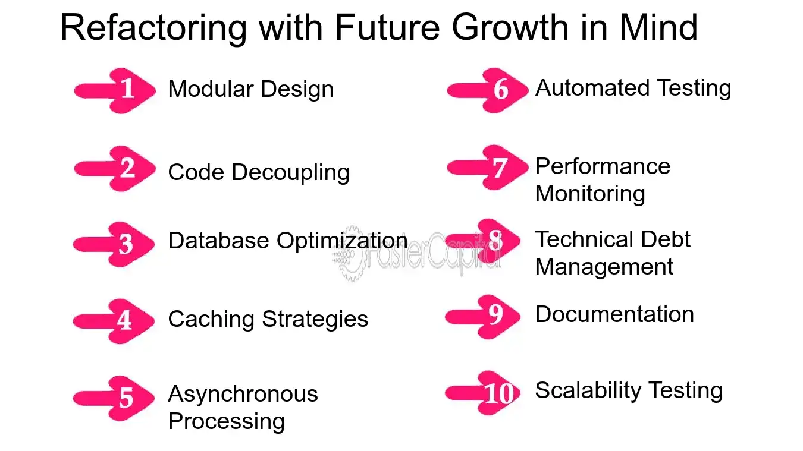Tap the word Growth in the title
click(x=510, y=28)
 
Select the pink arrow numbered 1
click(x=115, y=91)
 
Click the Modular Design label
click(x=250, y=89)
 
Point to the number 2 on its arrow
click(x=128, y=168)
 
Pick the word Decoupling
click(x=290, y=173)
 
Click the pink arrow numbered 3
click(x=114, y=244)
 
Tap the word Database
click(x=218, y=240)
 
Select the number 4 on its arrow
click(x=124, y=320)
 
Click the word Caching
click(x=211, y=320)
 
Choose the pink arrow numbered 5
click(x=114, y=398)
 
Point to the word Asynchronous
click(x=243, y=394)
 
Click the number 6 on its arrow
click(x=501, y=89)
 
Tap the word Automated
click(x=592, y=88)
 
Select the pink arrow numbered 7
click(x=488, y=168)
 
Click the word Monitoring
click(x=590, y=195)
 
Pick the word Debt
click(x=666, y=239)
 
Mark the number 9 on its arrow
click(x=496, y=314)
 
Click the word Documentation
click(x=614, y=314)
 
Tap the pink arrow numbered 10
click(x=482, y=393)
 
